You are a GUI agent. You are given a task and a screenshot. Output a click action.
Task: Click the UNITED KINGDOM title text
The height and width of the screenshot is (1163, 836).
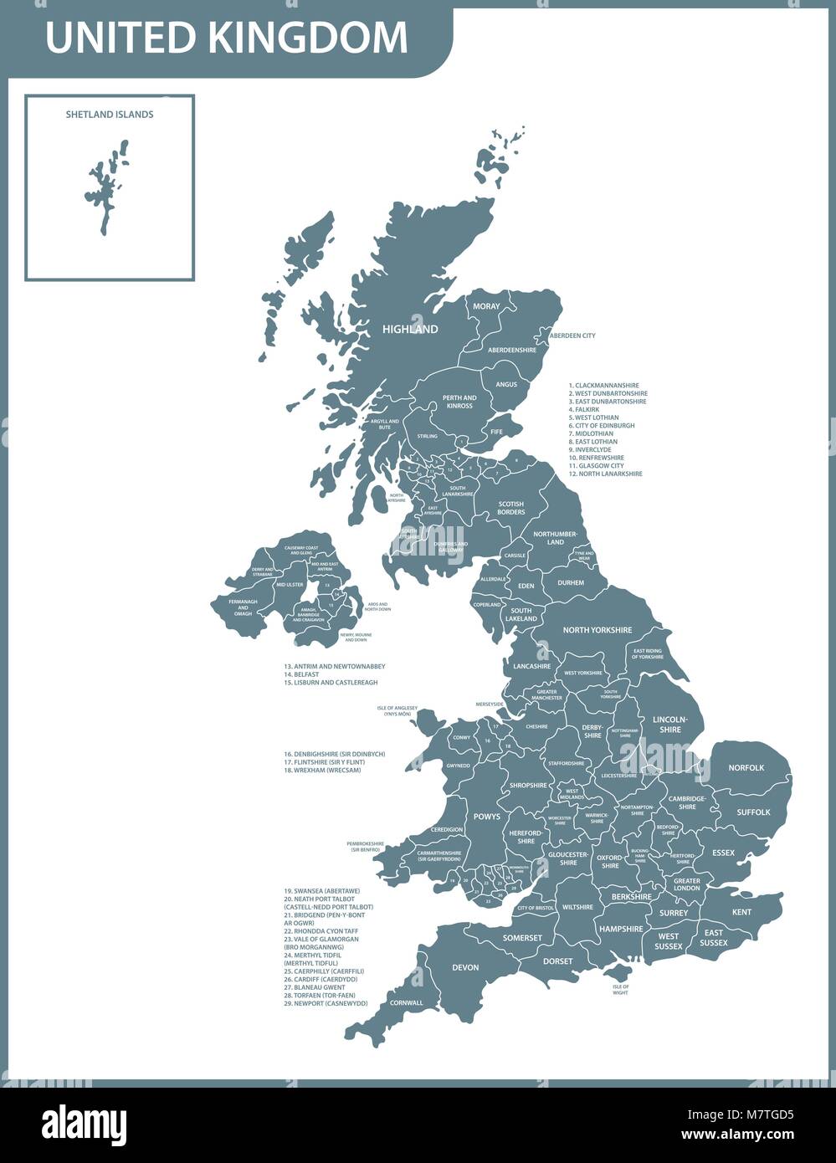[x=227, y=38]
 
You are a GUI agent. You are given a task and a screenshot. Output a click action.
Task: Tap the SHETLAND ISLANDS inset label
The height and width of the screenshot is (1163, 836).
[x=110, y=115]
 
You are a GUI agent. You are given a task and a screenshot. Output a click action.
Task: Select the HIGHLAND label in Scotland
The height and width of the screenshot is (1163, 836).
[x=410, y=330]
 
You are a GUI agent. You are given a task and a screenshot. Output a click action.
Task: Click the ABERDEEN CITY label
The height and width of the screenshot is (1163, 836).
[x=572, y=336]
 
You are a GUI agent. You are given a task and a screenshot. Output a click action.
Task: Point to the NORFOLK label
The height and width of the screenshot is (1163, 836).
[x=746, y=767]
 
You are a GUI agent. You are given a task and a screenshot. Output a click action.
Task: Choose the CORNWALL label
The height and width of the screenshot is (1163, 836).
[x=406, y=1002]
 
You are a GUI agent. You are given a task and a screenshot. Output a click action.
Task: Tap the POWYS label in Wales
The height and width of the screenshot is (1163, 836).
[x=486, y=817]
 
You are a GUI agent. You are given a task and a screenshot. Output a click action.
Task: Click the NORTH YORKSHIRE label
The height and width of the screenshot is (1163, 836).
[x=597, y=630]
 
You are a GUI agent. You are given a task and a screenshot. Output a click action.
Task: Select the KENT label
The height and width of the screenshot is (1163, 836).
[x=741, y=912]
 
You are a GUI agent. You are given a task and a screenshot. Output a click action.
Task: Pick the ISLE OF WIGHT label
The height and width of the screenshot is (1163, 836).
[x=620, y=990]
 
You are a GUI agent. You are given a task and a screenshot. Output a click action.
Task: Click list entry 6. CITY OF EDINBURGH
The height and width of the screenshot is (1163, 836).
[x=601, y=426]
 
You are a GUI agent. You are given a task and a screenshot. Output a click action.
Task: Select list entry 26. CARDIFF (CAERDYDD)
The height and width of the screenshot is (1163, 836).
[x=321, y=979]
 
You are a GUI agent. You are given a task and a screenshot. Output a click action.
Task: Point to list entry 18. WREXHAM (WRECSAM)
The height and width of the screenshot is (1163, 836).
[x=322, y=770]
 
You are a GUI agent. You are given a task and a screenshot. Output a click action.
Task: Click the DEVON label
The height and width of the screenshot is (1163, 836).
[x=465, y=967]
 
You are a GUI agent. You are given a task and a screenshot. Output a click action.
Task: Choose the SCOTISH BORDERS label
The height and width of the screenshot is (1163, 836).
[x=511, y=508]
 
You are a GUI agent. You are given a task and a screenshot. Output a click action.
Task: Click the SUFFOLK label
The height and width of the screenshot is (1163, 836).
[x=753, y=812]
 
